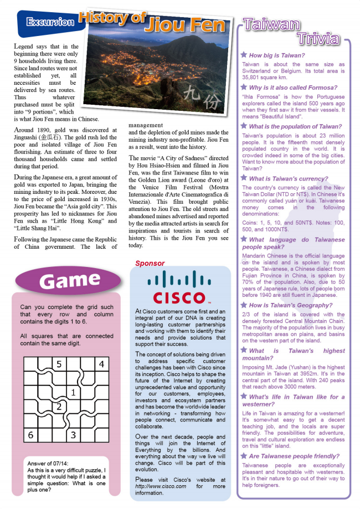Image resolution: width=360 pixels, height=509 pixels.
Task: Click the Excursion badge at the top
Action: pos(50,22)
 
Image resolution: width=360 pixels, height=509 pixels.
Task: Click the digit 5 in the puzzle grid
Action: pos(59,364)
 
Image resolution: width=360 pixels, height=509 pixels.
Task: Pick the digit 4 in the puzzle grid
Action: pos(101,364)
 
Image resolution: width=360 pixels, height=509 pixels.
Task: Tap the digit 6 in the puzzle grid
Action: pos(31,435)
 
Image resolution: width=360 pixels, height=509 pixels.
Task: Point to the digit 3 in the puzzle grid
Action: pos(73,435)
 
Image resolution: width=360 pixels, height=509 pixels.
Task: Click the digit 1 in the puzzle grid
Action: pos(73,393)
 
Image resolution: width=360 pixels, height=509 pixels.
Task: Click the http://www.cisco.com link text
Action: pos(161,486)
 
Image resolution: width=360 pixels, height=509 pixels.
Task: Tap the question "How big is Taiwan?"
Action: pos(277,55)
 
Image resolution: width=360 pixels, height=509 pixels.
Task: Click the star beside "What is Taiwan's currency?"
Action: pos(244,178)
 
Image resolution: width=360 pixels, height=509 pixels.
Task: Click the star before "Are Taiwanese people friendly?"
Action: pos(244,456)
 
